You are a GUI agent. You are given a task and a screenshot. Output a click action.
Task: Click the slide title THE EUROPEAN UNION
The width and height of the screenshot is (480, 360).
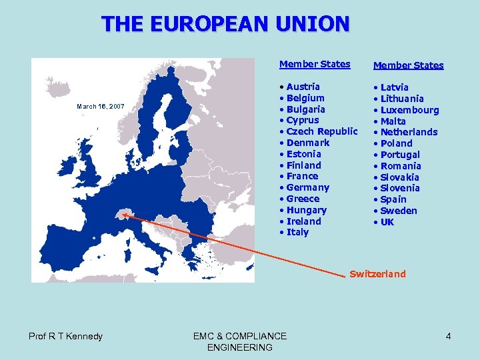pyautogui.click(x=225, y=24)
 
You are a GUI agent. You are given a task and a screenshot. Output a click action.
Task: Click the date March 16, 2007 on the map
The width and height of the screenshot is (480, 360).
pyautogui.click(x=101, y=106)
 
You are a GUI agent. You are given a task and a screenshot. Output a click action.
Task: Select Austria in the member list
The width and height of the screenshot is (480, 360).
pyautogui.click(x=303, y=87)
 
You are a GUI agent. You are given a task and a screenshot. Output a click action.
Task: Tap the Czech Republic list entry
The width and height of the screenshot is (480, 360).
pyautogui.click(x=321, y=131)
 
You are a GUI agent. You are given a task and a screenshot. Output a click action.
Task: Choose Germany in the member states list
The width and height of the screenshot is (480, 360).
pyautogui.click(x=307, y=187)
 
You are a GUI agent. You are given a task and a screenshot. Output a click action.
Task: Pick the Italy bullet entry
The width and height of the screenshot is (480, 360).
pyautogui.click(x=297, y=232)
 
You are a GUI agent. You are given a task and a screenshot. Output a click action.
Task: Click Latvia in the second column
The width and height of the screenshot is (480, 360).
pyautogui.click(x=394, y=87)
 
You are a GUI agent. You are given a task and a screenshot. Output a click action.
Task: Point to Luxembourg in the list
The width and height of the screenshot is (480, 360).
pyautogui.click(x=409, y=110)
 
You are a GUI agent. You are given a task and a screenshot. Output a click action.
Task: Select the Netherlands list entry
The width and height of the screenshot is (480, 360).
pyautogui.click(x=409, y=132)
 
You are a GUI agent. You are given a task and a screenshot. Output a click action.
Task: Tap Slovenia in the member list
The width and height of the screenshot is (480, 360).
pyautogui.click(x=400, y=188)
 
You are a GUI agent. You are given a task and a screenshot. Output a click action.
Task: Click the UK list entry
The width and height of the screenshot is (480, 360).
pyautogui.click(x=387, y=222)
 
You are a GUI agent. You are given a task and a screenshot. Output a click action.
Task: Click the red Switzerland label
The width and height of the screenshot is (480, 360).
pyautogui.click(x=377, y=274)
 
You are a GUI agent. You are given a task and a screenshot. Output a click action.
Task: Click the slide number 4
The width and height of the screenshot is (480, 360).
pyautogui.click(x=449, y=336)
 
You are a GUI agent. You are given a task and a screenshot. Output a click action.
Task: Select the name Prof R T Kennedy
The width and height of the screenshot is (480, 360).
pyautogui.click(x=65, y=336)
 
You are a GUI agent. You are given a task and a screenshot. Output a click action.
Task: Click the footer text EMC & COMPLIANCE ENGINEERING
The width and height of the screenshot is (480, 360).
pyautogui.click(x=240, y=341)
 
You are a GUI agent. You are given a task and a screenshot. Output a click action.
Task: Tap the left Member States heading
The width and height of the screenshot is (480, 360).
pyautogui.click(x=315, y=64)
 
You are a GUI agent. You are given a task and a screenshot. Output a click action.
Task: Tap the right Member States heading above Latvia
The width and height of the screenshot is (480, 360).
pyautogui.click(x=408, y=65)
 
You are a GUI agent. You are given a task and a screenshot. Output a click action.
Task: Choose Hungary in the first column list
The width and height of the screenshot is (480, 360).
pyautogui.click(x=306, y=210)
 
